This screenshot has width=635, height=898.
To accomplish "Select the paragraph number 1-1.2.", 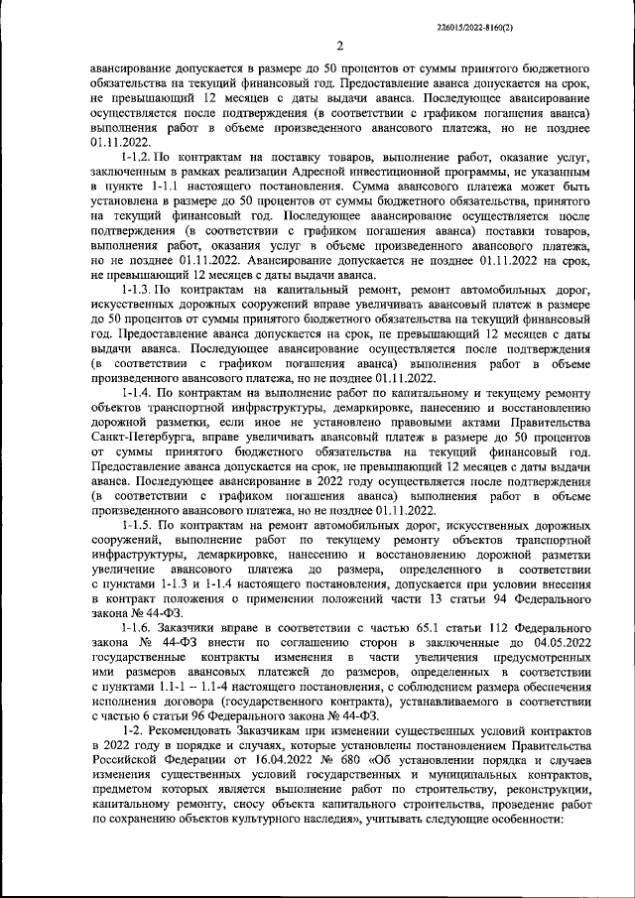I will pos(138,158).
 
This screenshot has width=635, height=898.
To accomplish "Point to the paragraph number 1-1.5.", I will pos(138,524).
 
